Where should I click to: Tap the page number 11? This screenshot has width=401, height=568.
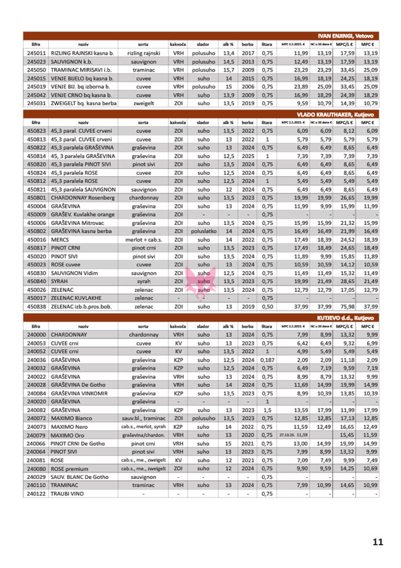tap(378, 542)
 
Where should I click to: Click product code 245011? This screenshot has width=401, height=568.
tap(36, 54)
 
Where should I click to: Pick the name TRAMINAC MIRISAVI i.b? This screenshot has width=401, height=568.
tap(81, 70)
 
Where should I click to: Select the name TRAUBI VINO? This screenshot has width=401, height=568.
tap(69, 493)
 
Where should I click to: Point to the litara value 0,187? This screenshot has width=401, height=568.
tap(267, 358)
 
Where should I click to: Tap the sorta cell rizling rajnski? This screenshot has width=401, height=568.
tap(143, 54)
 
